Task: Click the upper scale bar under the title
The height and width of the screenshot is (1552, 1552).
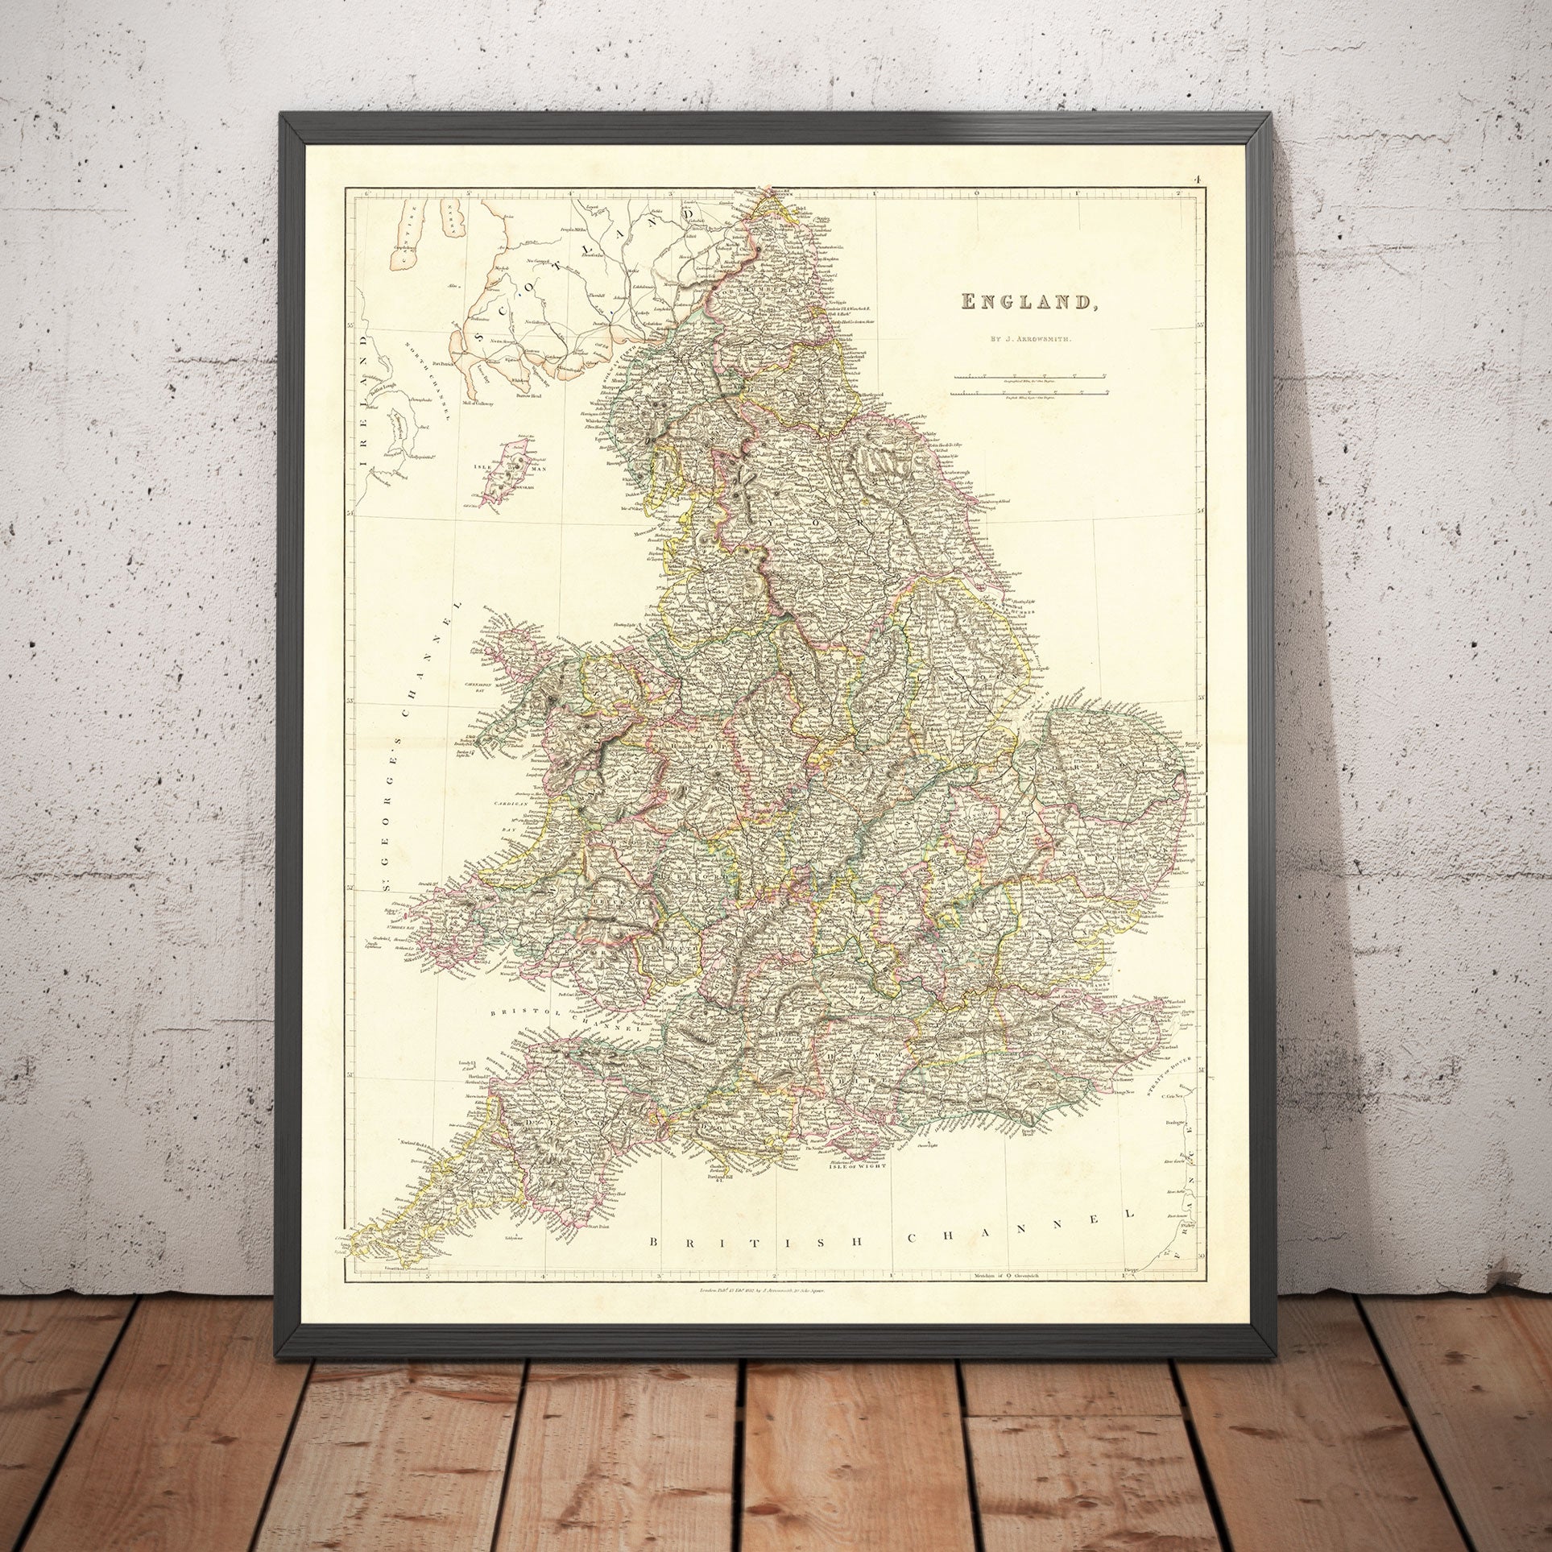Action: [x=1029, y=376]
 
